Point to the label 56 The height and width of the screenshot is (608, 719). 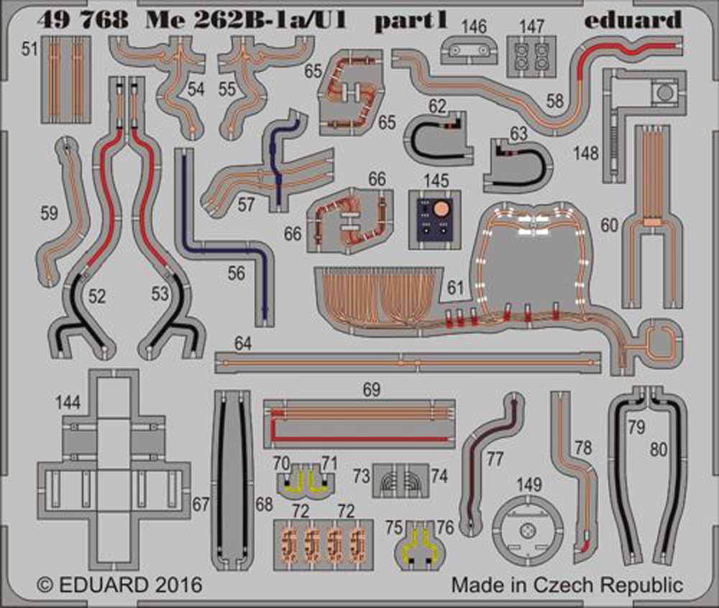pos(237,273)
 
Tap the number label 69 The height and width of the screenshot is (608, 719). pos(371,391)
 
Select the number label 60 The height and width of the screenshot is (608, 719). pos(610,226)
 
